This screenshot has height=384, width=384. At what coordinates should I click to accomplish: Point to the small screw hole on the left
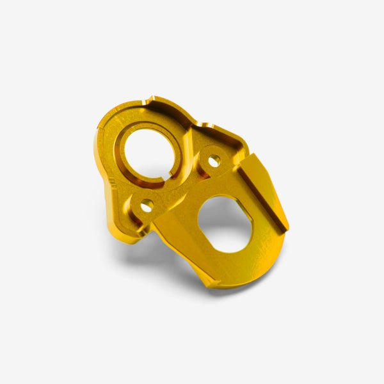(x=147, y=205)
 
